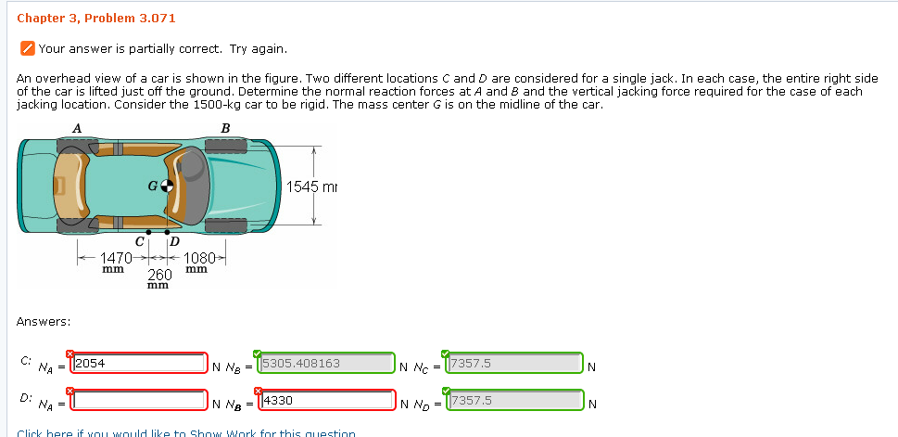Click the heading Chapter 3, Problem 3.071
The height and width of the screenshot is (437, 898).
pyautogui.click(x=83, y=19)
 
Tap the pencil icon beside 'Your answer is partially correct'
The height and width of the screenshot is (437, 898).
pyautogui.click(x=28, y=49)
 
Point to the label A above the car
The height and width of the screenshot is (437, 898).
pyautogui.click(x=77, y=127)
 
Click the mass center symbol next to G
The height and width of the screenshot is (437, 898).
pyautogui.click(x=167, y=186)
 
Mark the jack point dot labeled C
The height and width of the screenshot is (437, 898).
pyautogui.click(x=147, y=231)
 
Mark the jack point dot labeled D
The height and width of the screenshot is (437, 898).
pyautogui.click(x=168, y=231)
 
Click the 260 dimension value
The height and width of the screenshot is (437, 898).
pyautogui.click(x=159, y=275)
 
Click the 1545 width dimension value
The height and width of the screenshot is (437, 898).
pyautogui.click(x=302, y=186)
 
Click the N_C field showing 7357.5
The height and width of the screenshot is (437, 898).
pyautogui.click(x=514, y=364)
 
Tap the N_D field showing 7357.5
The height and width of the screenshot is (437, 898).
pyautogui.click(x=514, y=401)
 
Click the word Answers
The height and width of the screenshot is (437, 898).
pyautogui.click(x=44, y=321)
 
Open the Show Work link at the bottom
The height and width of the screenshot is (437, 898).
pyautogui.click(x=185, y=432)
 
